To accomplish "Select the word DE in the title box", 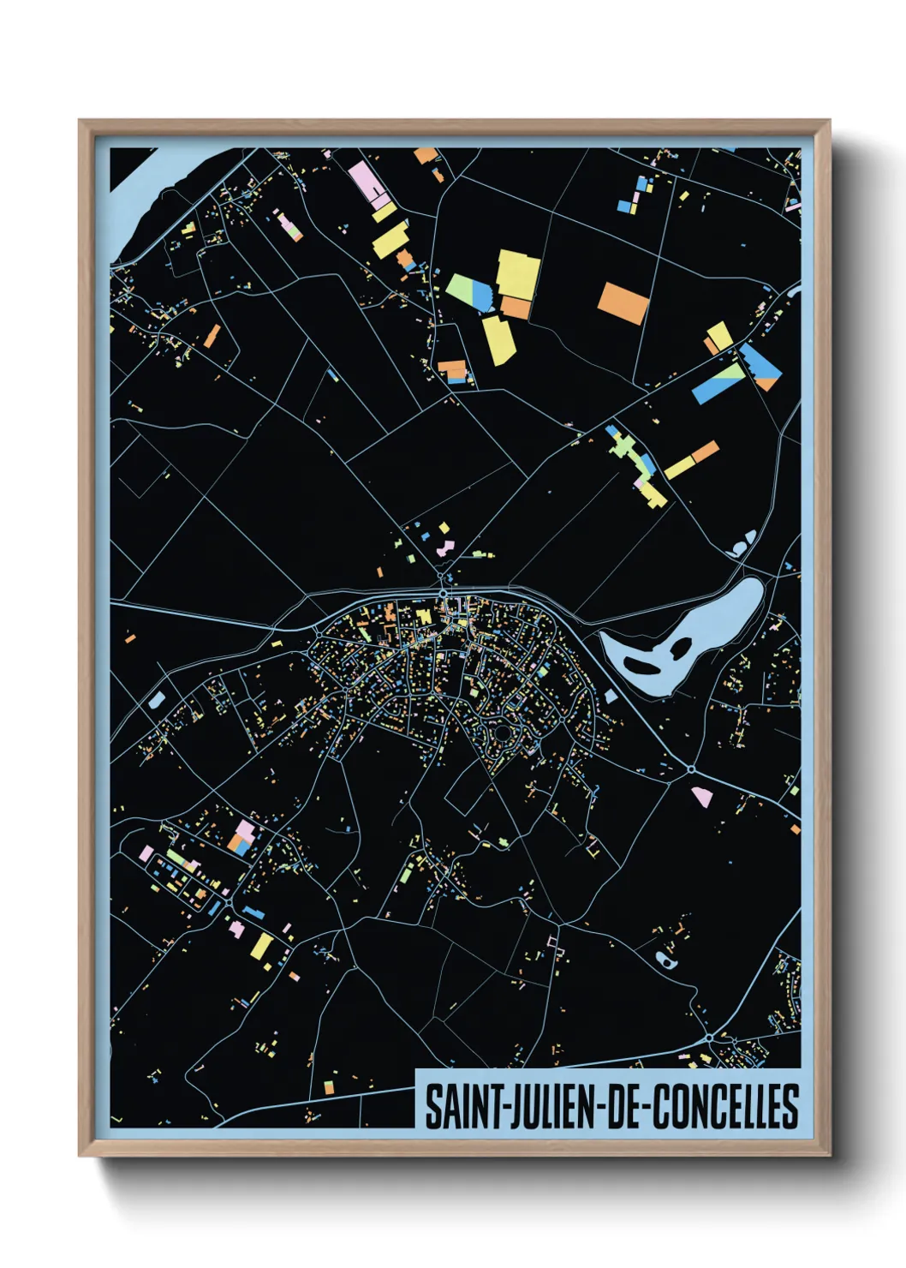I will (x=627, y=1107).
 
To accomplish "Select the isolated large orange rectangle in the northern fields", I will (x=623, y=303).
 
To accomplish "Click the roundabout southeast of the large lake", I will (x=690, y=769).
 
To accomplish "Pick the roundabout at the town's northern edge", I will (x=443, y=593).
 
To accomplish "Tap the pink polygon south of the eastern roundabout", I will (x=701, y=797).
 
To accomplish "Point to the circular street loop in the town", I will (x=499, y=733).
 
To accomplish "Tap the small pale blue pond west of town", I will (x=155, y=701).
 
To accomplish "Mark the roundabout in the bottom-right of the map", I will (x=710, y=1039).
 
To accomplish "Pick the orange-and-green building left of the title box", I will (x=328, y=1086).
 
